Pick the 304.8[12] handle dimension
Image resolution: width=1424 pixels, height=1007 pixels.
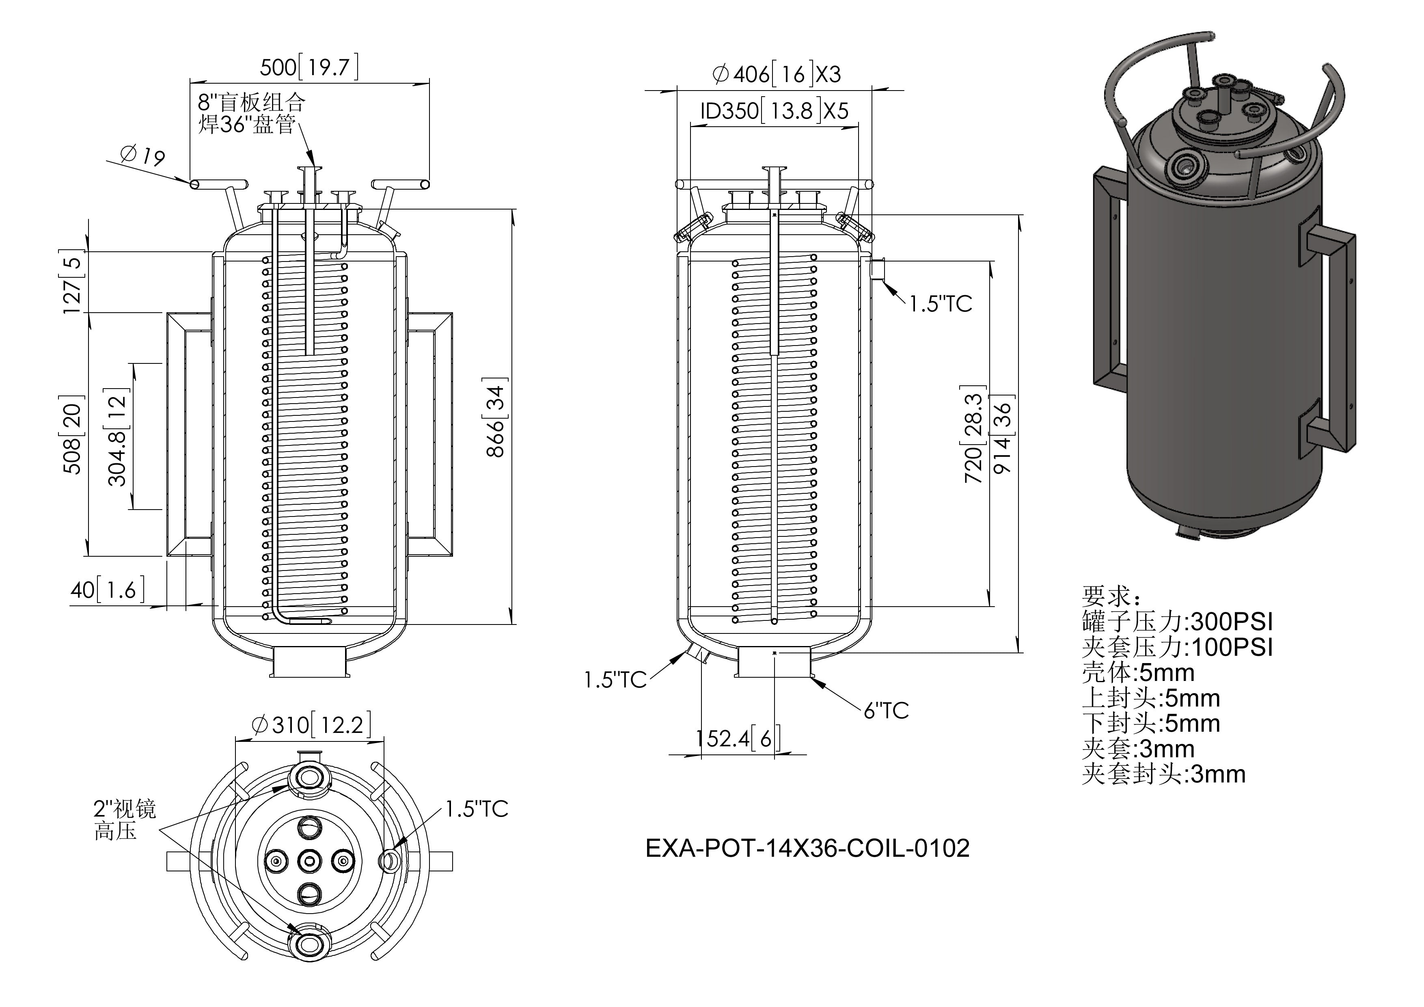click(117, 437)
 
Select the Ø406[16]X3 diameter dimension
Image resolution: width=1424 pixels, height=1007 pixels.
click(777, 74)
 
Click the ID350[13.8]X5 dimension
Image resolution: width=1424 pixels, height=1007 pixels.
click(774, 111)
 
